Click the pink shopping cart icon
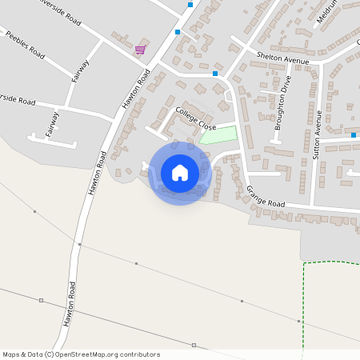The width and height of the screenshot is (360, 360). pos(140,50)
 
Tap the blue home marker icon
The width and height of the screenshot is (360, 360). pos(180,173)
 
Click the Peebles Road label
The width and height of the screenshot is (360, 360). pos(25,46)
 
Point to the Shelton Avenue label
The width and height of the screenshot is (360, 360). pos(283,58)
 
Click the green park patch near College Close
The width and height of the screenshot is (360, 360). pos(218,134)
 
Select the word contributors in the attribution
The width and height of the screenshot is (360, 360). pos(138,354)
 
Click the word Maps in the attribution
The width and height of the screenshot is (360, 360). pos(11,354)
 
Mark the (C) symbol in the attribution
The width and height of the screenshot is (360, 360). pos(49,354)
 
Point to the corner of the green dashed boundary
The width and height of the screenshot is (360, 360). pos(305,263)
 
